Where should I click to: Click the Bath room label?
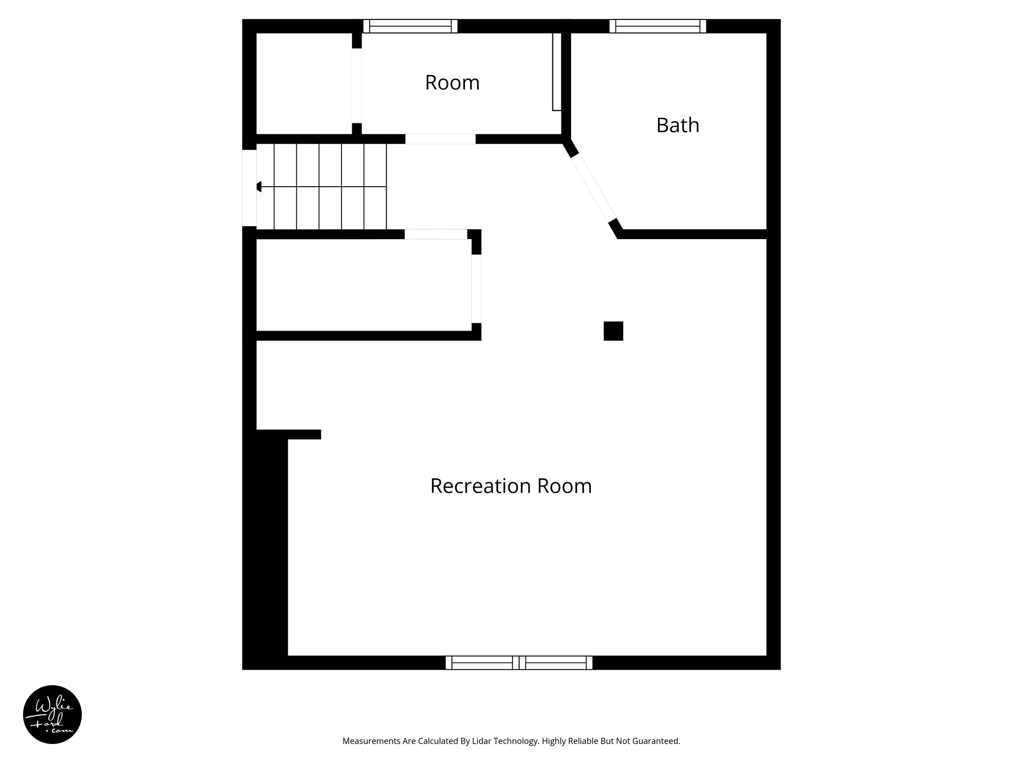tap(677, 125)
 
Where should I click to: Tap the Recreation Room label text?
tap(511, 486)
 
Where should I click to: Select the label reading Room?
tap(452, 82)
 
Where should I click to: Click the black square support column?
tap(613, 331)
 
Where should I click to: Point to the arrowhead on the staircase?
tap(259, 187)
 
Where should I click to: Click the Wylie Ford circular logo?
tap(52, 715)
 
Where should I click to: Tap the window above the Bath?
tap(657, 26)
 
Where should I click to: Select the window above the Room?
tap(410, 26)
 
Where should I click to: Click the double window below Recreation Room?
tap(518, 663)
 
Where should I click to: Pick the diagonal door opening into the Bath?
tap(593, 188)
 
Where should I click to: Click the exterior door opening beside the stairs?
tap(249, 188)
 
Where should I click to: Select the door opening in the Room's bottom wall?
tap(440, 139)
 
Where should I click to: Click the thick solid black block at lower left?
tap(265, 549)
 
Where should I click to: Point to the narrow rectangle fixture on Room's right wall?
tap(556, 71)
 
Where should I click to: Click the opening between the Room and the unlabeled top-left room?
tap(357, 85)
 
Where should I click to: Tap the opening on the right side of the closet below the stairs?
tap(476, 289)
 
